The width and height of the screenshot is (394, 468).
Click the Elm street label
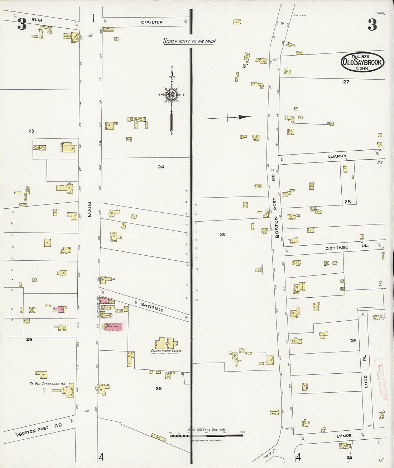[37, 20]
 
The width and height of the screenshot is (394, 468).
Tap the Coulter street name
[152, 22]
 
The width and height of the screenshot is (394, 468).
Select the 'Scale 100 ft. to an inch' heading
[189, 41]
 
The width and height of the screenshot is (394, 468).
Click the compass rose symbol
[172, 95]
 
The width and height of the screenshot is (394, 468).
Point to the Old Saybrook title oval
[362, 62]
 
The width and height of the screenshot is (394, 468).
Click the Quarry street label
[337, 156]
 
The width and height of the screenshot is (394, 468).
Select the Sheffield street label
[152, 307]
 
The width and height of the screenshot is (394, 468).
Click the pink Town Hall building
[114, 327]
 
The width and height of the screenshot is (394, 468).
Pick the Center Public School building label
[166, 351]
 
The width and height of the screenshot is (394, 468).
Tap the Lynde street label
[344, 436]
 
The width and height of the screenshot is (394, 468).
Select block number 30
[223, 234]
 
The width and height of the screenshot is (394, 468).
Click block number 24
[161, 167]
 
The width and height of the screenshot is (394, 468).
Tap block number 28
[347, 202]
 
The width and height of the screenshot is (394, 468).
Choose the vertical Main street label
[90, 209]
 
